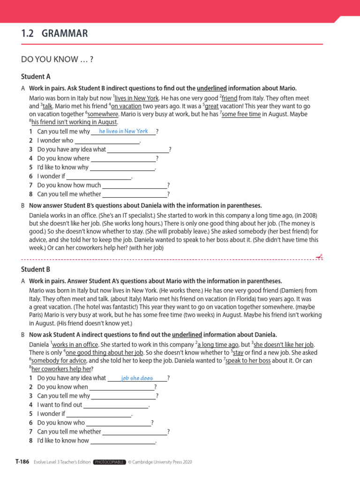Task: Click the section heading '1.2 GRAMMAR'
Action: (54, 33)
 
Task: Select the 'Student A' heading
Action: (36, 76)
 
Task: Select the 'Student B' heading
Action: (36, 270)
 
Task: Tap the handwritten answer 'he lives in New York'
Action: (123, 131)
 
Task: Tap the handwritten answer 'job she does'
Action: (137, 378)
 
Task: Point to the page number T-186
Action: (22, 462)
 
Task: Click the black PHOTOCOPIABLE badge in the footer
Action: (109, 462)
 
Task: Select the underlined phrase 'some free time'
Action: (241, 114)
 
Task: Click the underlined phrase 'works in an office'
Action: (75, 345)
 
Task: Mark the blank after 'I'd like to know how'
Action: (122, 441)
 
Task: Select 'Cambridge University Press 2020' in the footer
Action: (163, 462)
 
